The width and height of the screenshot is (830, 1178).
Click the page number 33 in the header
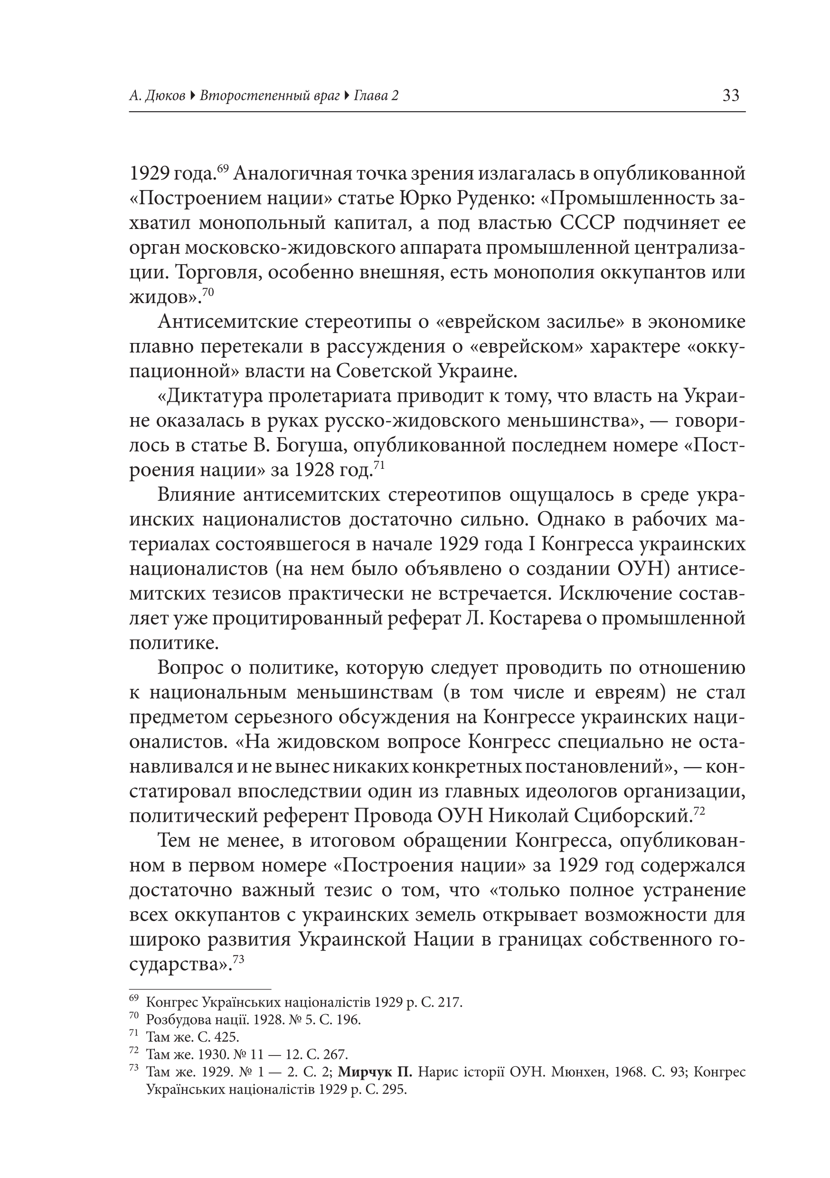(730, 95)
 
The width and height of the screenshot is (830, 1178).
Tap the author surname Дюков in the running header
(165, 96)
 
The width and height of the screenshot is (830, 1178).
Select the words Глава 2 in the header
(376, 96)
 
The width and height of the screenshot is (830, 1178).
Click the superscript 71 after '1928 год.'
(378, 465)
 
